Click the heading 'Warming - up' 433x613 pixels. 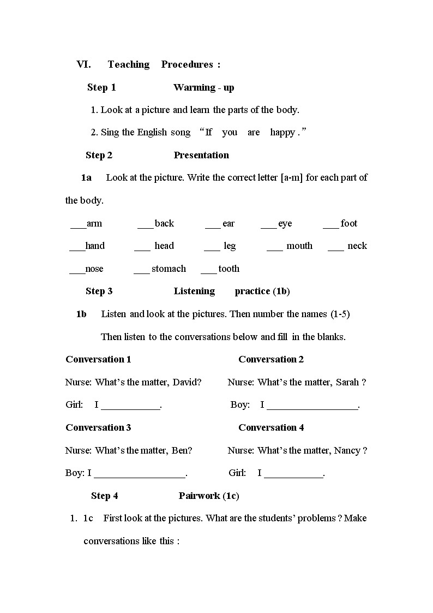(x=203, y=87)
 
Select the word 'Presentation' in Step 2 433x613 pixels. (x=201, y=155)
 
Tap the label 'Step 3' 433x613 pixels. (x=99, y=291)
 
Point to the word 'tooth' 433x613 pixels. (x=228, y=269)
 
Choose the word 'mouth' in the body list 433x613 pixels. (x=299, y=246)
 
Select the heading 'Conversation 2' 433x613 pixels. (x=271, y=359)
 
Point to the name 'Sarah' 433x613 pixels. (x=347, y=382)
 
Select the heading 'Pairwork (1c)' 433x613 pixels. (x=209, y=496)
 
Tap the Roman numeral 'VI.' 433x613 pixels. (x=83, y=64)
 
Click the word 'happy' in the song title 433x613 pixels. (x=282, y=132)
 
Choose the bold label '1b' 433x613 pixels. (x=81, y=314)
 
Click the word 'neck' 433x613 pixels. (x=357, y=246)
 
